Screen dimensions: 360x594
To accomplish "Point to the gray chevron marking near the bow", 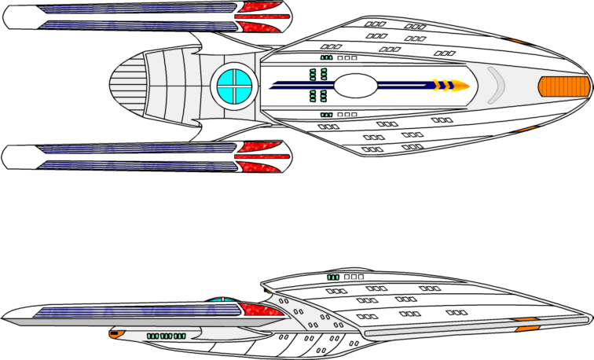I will pos(497,85).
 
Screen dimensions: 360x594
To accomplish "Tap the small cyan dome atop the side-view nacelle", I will pos(221,299).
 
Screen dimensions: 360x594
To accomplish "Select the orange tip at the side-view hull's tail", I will pos(115,333).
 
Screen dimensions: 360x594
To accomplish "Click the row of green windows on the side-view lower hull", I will pos(166,336).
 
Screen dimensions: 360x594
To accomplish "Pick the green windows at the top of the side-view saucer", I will pos(333,277).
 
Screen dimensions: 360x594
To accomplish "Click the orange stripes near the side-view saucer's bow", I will pos(524,323).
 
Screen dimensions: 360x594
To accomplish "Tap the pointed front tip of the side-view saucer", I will pos(589,319).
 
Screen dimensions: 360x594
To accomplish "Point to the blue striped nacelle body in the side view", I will pos(134,313).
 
